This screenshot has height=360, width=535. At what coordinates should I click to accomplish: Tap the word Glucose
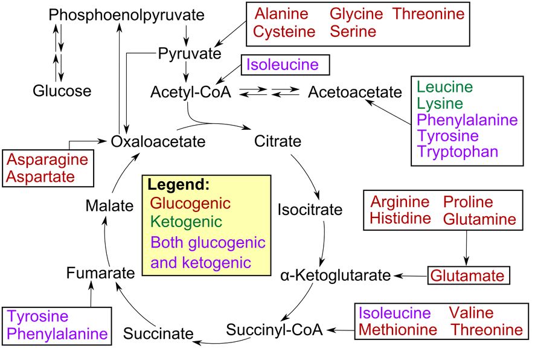click(x=62, y=91)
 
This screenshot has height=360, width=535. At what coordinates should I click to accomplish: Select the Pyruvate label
click(x=190, y=54)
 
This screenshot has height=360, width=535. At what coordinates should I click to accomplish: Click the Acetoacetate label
click(x=354, y=92)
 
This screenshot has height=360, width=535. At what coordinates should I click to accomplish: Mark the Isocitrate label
click(x=310, y=210)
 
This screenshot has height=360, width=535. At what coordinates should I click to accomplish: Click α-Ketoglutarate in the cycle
click(x=336, y=276)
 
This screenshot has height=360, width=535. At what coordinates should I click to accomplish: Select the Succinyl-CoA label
click(x=275, y=329)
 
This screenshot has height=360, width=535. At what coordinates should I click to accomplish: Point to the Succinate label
click(x=158, y=333)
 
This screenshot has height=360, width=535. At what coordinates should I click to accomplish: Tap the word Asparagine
click(x=48, y=160)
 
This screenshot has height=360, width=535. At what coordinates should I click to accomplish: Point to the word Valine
click(x=471, y=313)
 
